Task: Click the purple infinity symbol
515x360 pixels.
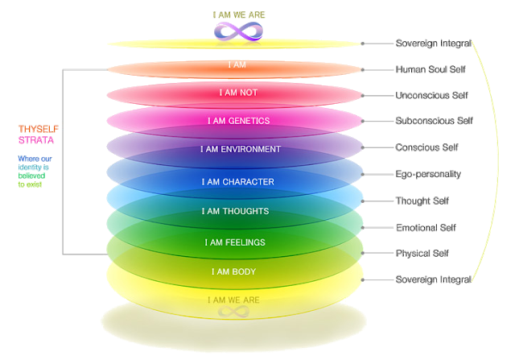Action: coord(238,31)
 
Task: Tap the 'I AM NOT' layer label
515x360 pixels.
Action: coord(238,93)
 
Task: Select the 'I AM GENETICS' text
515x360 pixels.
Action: coord(238,121)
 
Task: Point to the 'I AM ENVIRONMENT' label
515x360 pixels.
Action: coord(240,149)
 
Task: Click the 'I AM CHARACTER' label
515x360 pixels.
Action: coord(238,182)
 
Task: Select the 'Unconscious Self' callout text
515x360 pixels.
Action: coord(431,95)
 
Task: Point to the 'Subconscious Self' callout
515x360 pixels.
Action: coord(433,122)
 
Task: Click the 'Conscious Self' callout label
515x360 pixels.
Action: coord(427,147)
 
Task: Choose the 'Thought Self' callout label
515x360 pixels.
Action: coord(422,201)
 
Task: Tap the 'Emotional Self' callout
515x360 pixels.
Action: coord(426,227)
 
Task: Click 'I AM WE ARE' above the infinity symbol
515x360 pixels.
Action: coord(238,14)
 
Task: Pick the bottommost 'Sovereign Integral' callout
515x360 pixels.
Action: coord(433,279)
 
